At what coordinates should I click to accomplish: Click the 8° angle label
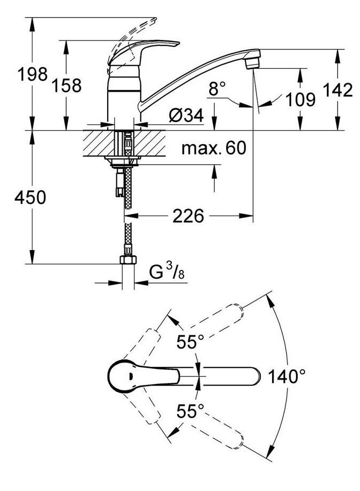(217, 89)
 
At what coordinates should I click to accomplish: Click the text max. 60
(213, 148)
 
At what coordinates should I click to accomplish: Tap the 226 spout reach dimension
(188, 216)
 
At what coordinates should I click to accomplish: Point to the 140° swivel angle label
(288, 377)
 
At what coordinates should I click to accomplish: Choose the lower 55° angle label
(191, 411)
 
